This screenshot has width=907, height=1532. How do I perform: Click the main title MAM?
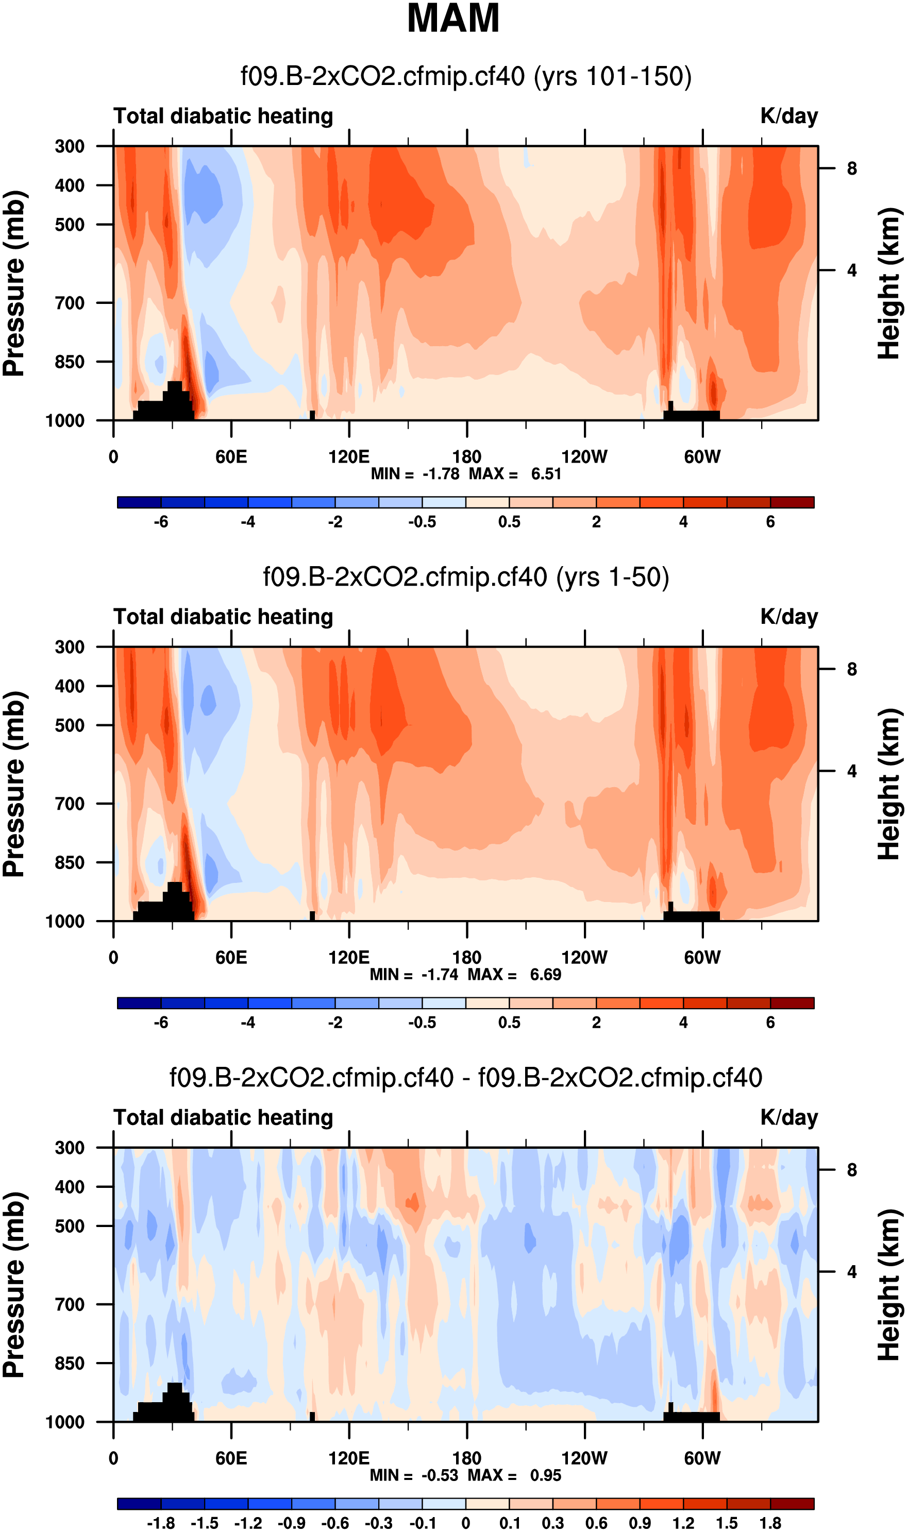(453, 19)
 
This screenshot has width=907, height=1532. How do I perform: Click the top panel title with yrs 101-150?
(466, 77)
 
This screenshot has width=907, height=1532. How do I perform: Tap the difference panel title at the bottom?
(466, 1078)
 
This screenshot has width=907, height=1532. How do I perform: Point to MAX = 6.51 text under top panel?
(515, 474)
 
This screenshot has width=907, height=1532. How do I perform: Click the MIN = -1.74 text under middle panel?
(414, 974)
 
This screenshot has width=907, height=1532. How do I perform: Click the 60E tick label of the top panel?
(231, 457)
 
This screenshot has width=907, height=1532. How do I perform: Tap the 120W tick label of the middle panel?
(584, 957)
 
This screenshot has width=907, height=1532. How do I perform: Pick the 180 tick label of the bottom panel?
(467, 1458)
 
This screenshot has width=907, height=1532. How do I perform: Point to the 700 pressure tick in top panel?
(70, 303)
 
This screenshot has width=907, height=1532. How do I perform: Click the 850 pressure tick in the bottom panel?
(70, 1363)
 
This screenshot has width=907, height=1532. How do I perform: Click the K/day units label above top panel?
(788, 116)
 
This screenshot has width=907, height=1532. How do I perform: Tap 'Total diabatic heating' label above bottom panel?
(223, 1117)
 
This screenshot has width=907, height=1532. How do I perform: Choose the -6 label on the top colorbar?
(161, 522)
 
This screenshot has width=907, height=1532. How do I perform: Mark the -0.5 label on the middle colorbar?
(423, 1023)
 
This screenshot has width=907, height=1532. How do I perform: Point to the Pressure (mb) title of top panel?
(14, 283)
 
